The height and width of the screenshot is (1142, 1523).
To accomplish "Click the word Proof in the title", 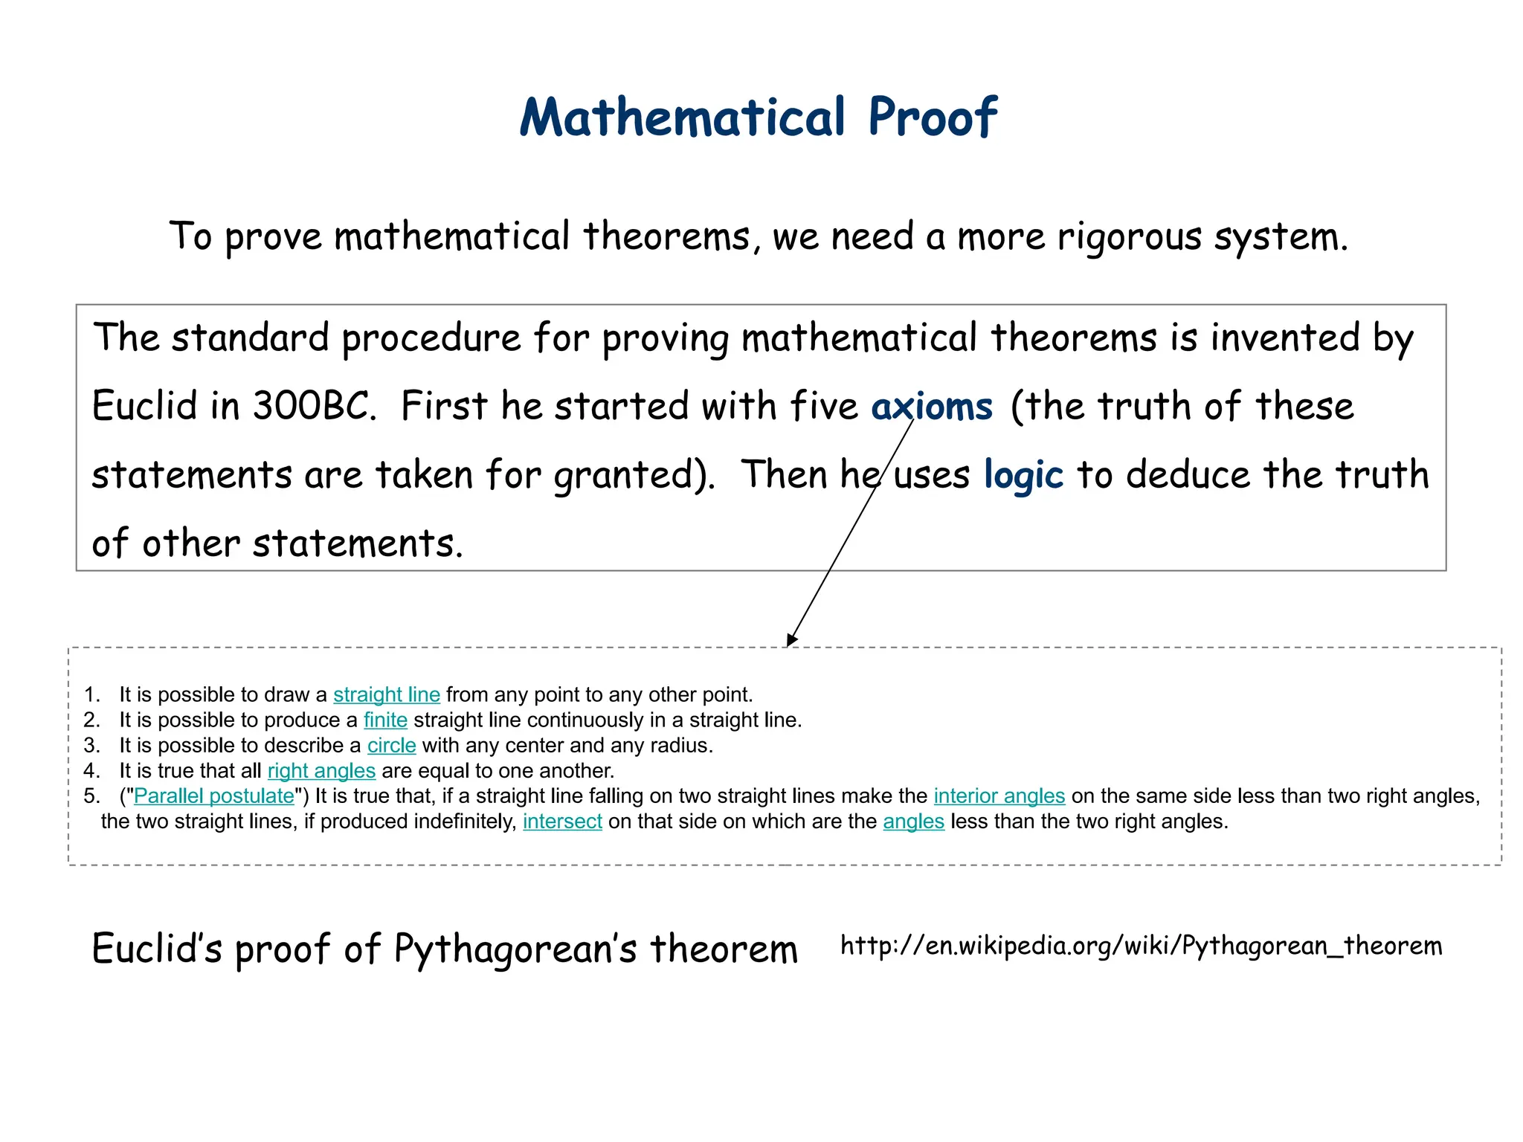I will tap(932, 117).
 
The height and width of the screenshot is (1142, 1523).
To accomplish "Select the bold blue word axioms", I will tap(932, 407).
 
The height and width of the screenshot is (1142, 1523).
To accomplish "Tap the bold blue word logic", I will tap(1023, 475).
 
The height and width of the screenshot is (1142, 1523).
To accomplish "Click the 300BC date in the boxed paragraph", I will tap(312, 407).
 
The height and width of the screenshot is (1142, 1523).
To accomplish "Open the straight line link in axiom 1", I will tap(386, 694).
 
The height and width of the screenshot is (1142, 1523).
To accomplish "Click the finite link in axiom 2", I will tap(385, 720).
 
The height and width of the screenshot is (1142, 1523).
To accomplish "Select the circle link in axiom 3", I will tap(391, 745).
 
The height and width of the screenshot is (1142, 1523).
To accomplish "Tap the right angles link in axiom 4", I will tap(321, 770).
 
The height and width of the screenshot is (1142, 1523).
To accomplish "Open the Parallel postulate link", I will tap(214, 796).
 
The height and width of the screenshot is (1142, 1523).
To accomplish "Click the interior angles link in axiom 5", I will tap(999, 796).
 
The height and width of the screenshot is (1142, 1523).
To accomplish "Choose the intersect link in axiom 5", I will tap(562, 821).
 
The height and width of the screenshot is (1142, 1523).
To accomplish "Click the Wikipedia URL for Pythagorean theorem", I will tap(1141, 946).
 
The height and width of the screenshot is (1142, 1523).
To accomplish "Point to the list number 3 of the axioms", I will tap(91, 745).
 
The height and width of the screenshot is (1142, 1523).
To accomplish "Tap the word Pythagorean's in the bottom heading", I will tap(515, 949).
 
